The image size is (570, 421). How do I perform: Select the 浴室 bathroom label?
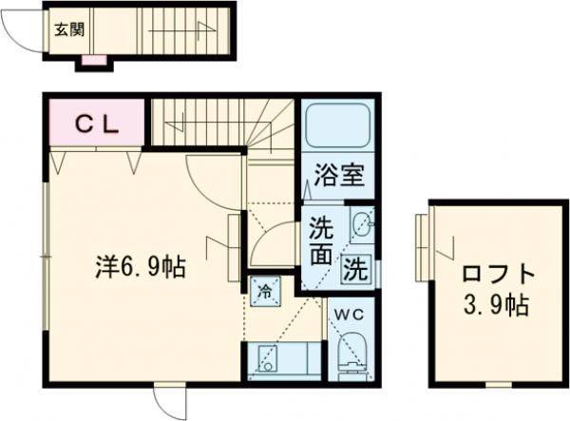pos(337,175)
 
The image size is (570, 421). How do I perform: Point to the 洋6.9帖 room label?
pos(140,267)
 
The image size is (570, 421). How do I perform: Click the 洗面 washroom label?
pos(320,242)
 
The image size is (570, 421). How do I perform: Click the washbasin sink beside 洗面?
pos(361,226)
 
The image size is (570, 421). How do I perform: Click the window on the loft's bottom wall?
pos(496,385)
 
